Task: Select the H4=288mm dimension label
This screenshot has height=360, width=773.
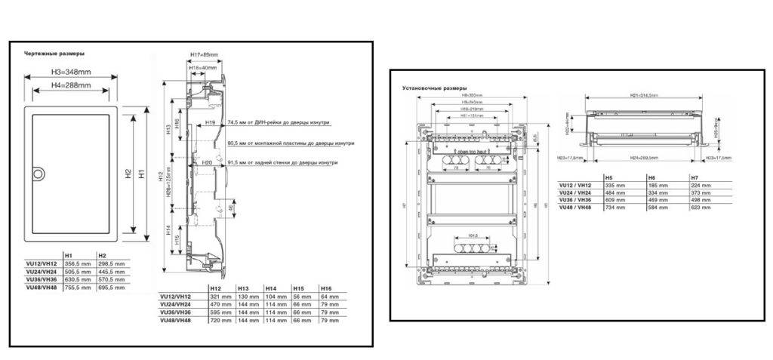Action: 72,86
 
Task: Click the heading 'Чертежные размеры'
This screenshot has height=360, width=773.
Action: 54,54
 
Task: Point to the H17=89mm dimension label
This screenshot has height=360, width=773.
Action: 204,55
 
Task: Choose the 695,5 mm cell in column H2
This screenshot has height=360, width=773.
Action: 111,288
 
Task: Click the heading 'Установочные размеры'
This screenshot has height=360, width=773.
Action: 435,88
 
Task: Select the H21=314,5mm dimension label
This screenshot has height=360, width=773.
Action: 644,96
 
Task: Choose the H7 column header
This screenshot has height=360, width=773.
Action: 694,177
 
